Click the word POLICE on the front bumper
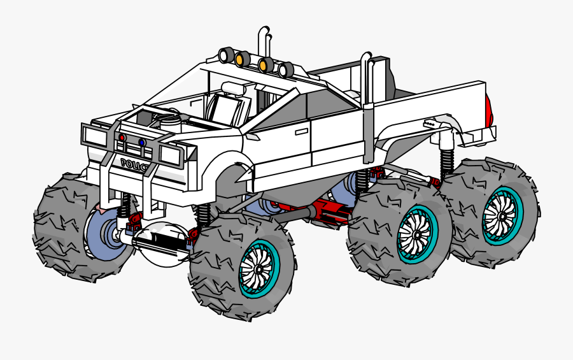click(135, 164)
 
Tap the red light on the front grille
click(122, 138)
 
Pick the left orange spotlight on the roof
click(243, 59)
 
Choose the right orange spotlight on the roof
click(265, 65)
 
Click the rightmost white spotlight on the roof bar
click(286, 69)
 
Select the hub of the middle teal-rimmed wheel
click(418, 234)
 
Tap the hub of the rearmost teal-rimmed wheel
click(502, 215)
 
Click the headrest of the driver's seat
click(233, 88)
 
